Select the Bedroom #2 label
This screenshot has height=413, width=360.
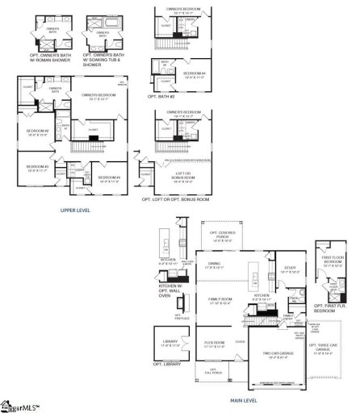pos(38,132)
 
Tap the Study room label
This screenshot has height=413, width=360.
pos(288,272)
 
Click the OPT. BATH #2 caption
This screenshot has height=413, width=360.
pos(162,95)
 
